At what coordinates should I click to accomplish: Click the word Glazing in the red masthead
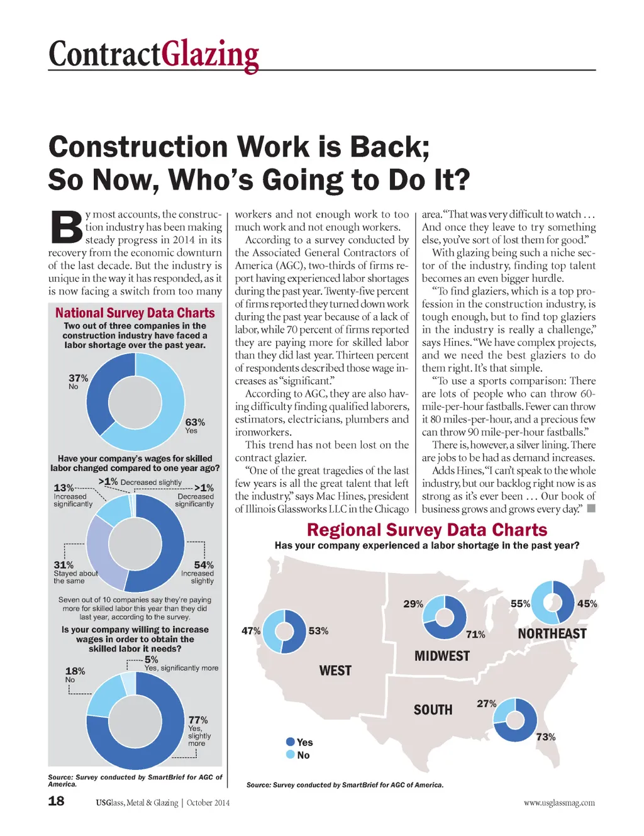[210, 55]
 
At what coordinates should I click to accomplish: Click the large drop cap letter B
[66, 227]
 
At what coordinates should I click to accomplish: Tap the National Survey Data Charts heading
[135, 313]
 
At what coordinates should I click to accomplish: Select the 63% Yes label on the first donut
[194, 425]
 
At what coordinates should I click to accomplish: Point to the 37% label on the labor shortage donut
[78, 381]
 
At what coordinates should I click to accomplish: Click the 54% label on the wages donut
[203, 565]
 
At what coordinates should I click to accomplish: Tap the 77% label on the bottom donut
[198, 720]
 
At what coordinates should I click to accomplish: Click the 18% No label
[75, 674]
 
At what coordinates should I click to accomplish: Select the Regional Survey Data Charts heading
[427, 530]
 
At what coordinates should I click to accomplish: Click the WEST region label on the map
[335, 671]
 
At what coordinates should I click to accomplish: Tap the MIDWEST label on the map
[442, 656]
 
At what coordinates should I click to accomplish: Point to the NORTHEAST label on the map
[552, 633]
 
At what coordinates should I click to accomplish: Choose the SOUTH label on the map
[433, 710]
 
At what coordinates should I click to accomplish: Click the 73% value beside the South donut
[545, 737]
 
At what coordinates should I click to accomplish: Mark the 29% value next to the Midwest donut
[413, 603]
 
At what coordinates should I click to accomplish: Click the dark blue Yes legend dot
[291, 742]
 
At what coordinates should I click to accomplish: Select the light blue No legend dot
[291, 754]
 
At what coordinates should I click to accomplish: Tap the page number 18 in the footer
[56, 801]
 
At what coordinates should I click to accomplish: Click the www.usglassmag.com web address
[558, 803]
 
